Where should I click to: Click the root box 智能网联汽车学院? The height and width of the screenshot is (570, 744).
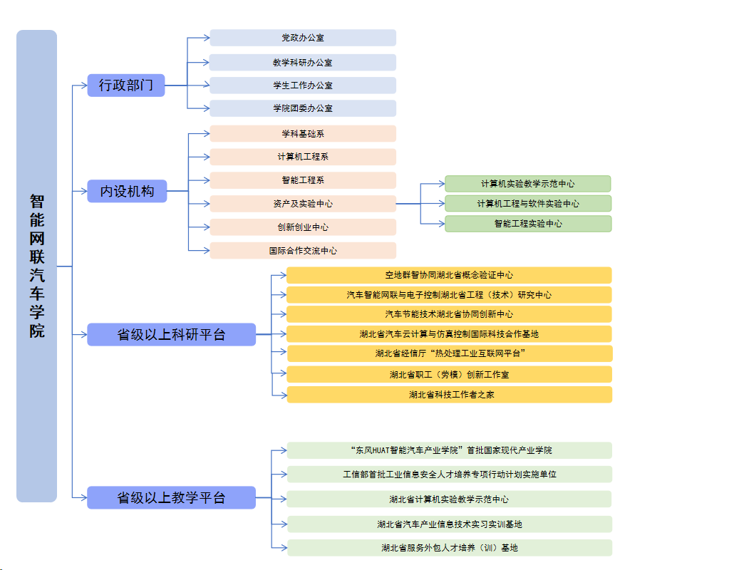click(x=36, y=266)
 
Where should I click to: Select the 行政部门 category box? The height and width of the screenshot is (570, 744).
click(x=126, y=85)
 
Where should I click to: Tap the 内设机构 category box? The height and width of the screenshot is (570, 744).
click(x=127, y=191)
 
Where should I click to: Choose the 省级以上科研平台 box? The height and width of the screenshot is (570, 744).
click(x=171, y=334)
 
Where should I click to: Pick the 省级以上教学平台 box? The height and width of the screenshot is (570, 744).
click(x=171, y=497)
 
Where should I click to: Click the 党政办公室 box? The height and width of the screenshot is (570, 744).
click(x=303, y=38)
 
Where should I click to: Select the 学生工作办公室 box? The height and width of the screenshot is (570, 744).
click(x=303, y=85)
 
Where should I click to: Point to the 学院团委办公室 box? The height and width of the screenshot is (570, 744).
click(x=303, y=108)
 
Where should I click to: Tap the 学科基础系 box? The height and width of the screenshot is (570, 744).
click(x=303, y=134)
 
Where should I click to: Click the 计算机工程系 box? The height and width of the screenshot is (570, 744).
click(x=303, y=157)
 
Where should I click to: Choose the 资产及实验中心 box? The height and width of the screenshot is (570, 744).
click(x=303, y=204)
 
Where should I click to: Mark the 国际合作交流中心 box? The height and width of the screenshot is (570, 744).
click(x=303, y=251)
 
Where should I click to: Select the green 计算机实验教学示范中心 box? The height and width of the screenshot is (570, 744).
click(x=528, y=184)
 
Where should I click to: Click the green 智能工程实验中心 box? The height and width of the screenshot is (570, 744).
click(x=528, y=224)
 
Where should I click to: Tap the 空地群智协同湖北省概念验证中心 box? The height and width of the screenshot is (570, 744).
click(x=449, y=275)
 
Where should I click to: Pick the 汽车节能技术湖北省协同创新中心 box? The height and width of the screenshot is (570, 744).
click(x=449, y=314)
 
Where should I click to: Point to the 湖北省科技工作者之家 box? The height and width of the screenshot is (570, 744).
click(x=449, y=394)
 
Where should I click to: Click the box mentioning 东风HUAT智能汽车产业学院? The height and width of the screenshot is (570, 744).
click(x=449, y=450)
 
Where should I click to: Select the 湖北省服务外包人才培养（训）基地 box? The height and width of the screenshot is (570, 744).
click(x=449, y=548)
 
